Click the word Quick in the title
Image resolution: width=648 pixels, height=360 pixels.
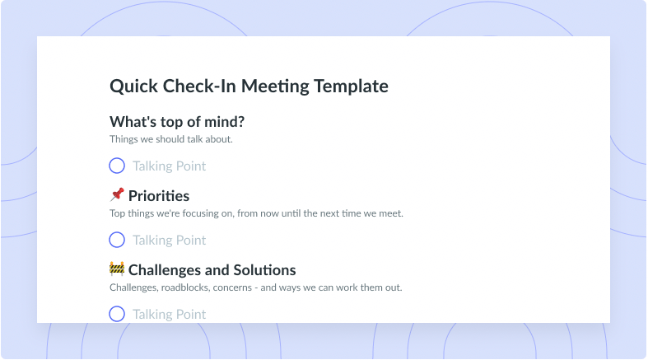133,86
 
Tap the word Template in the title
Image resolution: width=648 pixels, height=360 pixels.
351,86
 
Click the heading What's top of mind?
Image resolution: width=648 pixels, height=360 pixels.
177,122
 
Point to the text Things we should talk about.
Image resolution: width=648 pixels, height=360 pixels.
171,139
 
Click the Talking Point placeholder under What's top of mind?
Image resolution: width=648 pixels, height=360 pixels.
169,166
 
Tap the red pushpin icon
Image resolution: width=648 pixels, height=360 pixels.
117,194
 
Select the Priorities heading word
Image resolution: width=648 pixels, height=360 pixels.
159,196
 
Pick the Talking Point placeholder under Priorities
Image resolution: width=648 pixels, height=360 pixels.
169,241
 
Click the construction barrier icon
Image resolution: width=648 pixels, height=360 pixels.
117,269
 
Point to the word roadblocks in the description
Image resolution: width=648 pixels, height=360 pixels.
185,288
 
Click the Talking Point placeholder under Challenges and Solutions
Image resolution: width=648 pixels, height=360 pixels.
169,315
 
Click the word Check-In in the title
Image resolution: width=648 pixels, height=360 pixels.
199,86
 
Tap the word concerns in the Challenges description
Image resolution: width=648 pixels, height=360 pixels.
232,288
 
